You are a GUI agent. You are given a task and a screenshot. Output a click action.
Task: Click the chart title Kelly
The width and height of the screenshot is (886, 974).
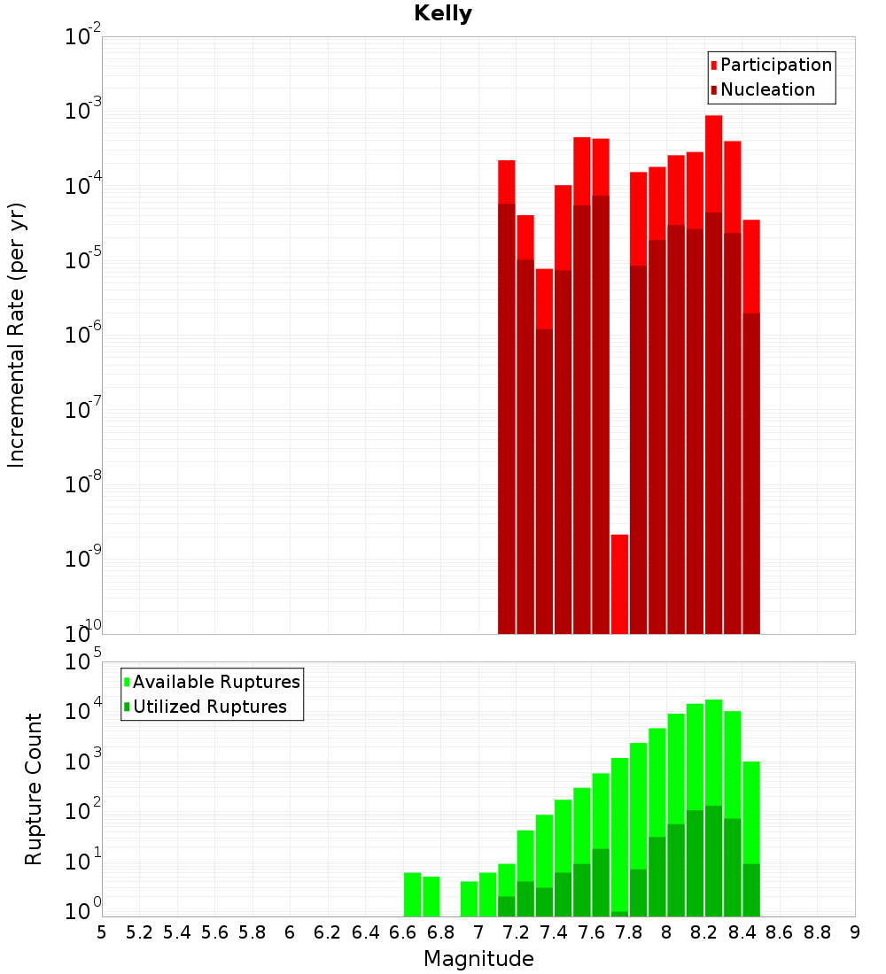point(443,14)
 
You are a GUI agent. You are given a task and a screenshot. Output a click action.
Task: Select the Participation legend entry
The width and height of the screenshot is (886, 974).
point(775,65)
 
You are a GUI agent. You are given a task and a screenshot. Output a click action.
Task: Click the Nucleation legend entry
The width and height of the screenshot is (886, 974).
point(766,89)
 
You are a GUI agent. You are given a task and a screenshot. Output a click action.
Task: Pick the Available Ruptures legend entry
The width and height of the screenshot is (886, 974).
point(215,682)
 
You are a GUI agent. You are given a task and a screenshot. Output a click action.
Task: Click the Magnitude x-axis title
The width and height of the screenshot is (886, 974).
point(478,959)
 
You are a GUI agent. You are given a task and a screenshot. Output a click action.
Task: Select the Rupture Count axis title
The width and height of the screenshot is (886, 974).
point(34,789)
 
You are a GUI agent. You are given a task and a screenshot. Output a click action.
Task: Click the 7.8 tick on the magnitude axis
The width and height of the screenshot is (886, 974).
point(629,932)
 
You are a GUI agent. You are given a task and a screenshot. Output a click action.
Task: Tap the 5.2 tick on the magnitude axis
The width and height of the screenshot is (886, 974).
point(139,932)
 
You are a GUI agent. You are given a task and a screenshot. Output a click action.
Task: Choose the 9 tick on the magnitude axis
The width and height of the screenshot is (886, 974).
point(855,932)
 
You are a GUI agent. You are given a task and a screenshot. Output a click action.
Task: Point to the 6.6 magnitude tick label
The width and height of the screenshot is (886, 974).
point(403,932)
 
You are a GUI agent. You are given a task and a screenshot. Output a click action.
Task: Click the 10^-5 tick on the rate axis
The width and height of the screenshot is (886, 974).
point(83,260)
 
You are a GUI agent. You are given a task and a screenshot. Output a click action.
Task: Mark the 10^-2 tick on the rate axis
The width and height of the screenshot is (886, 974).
point(83,37)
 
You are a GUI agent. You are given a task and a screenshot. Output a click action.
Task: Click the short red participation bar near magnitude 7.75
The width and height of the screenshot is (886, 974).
point(619,584)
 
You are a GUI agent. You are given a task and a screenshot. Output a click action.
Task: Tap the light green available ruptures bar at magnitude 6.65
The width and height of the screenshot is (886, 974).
point(412,894)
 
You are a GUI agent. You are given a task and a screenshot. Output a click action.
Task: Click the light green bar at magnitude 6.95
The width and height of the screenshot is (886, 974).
point(469,899)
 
